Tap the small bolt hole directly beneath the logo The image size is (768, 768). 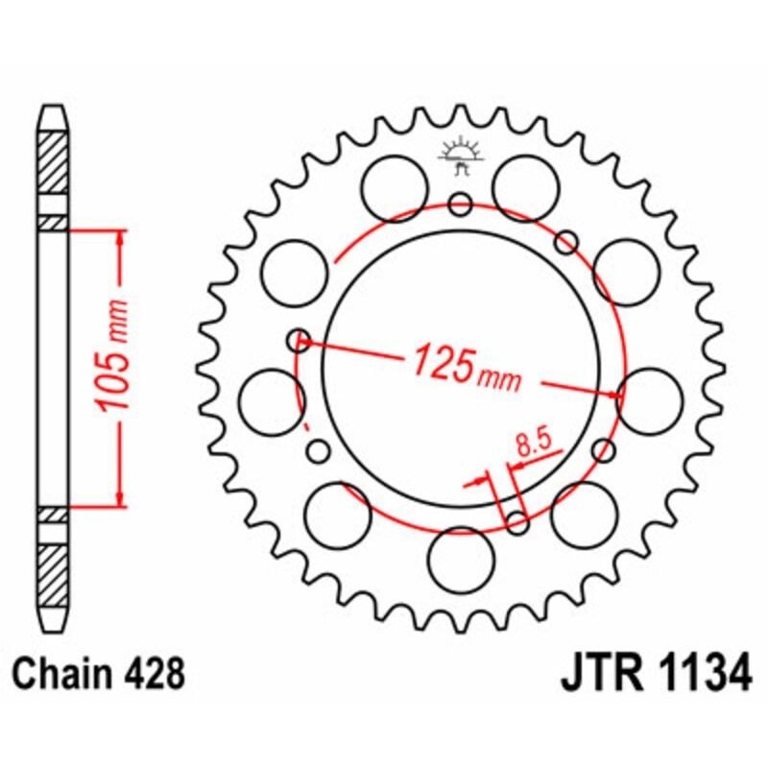pos(460,204)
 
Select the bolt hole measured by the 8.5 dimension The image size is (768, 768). pos(517,523)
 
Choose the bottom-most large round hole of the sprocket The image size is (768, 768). pos(460,562)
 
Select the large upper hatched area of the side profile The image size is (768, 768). pos(54,160)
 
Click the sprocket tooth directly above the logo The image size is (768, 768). pos(460,115)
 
